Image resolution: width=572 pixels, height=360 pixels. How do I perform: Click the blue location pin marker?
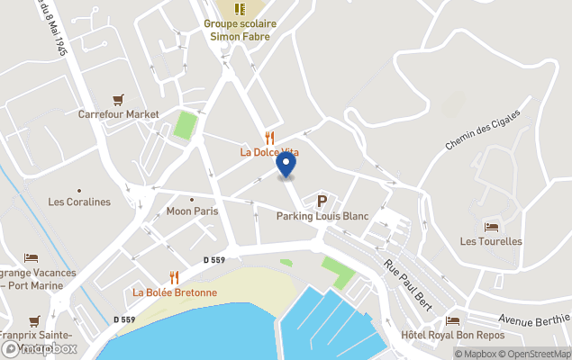(286, 165)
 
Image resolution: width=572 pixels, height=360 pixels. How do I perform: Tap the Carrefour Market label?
(118, 114)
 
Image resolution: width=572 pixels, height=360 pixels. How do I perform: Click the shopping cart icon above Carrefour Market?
(118, 100)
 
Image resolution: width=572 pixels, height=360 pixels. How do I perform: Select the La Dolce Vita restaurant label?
(269, 152)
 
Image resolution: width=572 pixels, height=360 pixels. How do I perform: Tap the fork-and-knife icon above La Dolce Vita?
(269, 138)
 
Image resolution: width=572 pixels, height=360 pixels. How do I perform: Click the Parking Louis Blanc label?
(322, 216)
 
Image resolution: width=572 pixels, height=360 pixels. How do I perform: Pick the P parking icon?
(322, 201)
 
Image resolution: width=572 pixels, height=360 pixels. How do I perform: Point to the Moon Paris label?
(192, 211)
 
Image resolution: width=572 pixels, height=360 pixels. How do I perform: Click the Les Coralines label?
(79, 202)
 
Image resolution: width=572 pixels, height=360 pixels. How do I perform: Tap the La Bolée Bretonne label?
(175, 292)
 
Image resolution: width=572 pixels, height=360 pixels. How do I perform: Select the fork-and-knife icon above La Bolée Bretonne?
(175, 277)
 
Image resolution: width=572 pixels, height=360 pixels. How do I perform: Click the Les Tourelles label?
(491, 241)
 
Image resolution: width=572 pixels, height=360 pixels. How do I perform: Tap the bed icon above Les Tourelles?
(491, 227)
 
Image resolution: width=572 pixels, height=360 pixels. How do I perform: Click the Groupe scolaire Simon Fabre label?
(240, 30)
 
